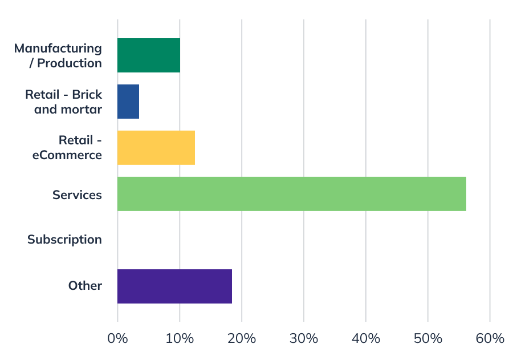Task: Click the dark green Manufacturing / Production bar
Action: pos(149,55)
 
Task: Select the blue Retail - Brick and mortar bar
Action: pos(128,102)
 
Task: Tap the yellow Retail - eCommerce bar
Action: pos(156,148)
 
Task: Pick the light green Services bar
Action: pos(291,194)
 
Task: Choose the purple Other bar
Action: pos(174,286)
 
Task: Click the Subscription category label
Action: pos(64,240)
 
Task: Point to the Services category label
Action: pos(77,195)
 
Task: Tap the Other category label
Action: pos(85,286)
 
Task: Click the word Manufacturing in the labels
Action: pos(58,48)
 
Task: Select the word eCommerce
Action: pos(67,155)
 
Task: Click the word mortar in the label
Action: pos(83,109)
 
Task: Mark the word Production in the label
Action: pos(70,63)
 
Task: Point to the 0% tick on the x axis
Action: pos(117,338)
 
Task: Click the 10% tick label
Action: pos(180,338)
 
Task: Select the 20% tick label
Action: pos(242,338)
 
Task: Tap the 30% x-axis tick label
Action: pos(304,338)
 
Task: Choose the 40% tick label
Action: pos(366,338)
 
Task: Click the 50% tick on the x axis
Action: pos(428,338)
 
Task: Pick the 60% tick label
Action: pos(490,338)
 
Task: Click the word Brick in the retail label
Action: pos(87,94)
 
